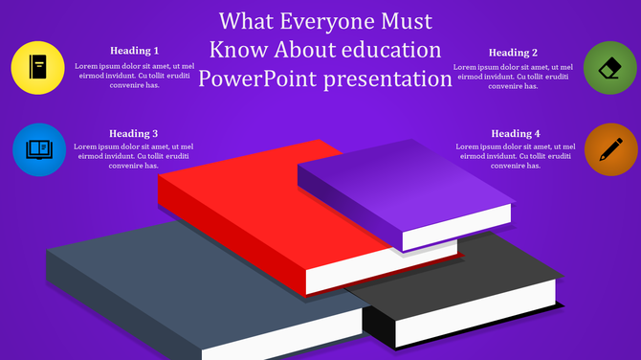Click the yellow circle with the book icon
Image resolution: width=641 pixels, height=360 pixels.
pos(38,68)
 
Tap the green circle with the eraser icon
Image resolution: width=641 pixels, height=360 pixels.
pos(609,68)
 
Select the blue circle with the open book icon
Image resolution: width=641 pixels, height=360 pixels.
pos(38,149)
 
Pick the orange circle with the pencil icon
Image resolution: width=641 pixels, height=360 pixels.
pos(609,149)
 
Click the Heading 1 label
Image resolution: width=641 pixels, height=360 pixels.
pos(134,51)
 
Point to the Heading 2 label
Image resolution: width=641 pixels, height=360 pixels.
pos(513,53)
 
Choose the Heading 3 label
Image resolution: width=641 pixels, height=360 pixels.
pos(134,133)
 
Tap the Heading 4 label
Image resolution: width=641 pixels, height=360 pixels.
pos(516,133)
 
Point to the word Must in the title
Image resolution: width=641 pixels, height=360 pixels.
pos(407,21)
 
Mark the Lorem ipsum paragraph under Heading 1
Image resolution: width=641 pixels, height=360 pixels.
pos(134,76)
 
